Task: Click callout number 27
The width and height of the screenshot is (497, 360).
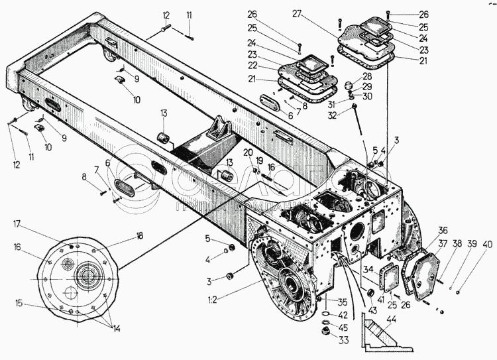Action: click(x=333, y=14)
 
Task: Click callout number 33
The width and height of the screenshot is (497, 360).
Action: click(x=325, y=340)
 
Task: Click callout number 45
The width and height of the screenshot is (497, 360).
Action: click(x=325, y=326)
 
